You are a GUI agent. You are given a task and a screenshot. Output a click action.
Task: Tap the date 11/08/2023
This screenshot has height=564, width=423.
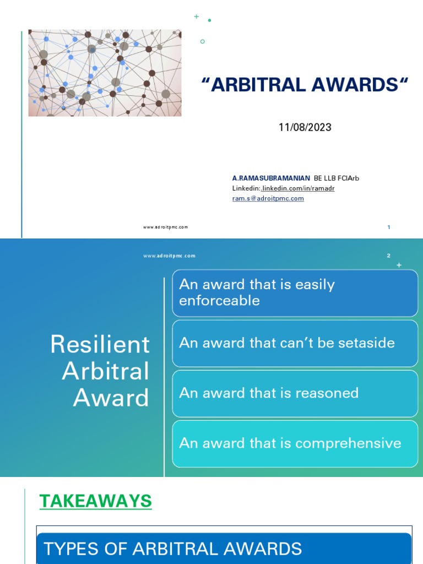tap(305, 127)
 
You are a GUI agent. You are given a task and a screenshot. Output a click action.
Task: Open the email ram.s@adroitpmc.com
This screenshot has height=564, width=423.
tap(268, 198)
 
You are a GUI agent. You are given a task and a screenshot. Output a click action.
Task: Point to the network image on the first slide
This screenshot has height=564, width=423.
tap(105, 73)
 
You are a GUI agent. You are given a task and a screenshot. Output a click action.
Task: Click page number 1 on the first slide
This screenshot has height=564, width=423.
tap(389, 227)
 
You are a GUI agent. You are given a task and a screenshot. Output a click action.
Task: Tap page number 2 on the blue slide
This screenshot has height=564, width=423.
tap(388, 256)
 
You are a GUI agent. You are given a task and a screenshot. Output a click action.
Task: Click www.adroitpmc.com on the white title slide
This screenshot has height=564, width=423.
tap(165, 227)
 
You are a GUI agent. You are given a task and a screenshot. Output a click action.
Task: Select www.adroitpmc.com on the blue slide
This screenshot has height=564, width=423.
tap(169, 256)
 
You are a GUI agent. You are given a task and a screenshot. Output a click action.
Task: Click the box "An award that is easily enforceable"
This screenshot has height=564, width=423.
tap(295, 292)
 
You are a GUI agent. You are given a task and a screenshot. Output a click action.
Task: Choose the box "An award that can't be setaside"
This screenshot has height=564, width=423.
tap(295, 343)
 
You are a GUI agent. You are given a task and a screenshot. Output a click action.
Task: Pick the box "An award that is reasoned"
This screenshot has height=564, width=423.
tap(295, 393)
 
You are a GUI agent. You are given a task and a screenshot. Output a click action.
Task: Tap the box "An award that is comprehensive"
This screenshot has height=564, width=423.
tap(295, 443)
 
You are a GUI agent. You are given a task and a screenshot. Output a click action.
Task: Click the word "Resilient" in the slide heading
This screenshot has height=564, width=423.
tap(100, 345)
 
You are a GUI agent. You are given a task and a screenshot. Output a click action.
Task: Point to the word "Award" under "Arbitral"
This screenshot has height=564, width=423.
tap(111, 398)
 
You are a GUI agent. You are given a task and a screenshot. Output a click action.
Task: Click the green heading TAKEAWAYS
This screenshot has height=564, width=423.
tap(95, 501)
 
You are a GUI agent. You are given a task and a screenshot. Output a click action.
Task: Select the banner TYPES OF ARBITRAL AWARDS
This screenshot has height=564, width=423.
tap(224, 548)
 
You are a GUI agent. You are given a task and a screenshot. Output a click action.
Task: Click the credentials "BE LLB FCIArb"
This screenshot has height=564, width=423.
tap(337, 178)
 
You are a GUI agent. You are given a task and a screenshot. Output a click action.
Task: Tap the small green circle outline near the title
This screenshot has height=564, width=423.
tap(203, 41)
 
